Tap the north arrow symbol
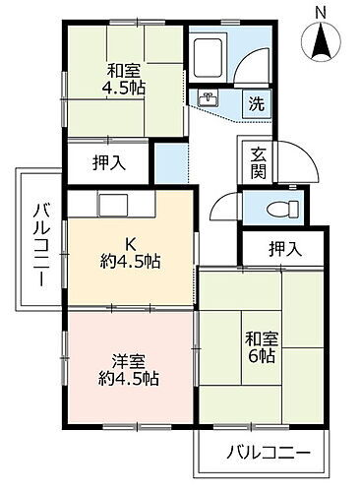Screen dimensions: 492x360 pyautogui.click(x=322, y=40)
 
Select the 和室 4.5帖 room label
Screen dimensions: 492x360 pyautogui.click(x=126, y=79)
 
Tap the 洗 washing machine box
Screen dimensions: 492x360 pyautogui.click(x=255, y=103)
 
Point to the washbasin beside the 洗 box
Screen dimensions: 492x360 pyautogui.click(x=209, y=99)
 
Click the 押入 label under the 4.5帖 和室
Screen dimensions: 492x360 pyautogui.click(x=108, y=161)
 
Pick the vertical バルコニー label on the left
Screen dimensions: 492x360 pyautogui.click(x=41, y=241)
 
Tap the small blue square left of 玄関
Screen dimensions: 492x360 pyautogui.click(x=170, y=159)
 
